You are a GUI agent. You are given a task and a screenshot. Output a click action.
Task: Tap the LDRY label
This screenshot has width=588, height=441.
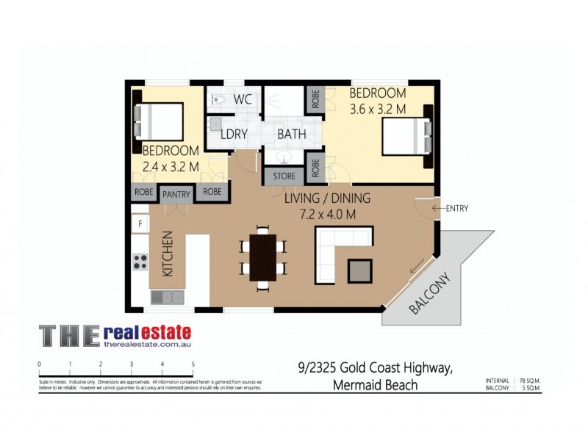click(x=234, y=135)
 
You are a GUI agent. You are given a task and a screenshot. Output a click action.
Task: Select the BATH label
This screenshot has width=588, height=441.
click(x=291, y=135)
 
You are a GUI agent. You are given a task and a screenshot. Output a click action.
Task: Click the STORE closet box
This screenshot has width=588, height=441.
click(x=284, y=176)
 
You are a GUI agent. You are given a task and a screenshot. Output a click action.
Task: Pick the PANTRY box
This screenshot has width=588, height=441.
click(x=176, y=194)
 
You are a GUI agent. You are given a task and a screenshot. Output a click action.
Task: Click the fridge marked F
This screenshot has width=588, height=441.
click(x=139, y=223)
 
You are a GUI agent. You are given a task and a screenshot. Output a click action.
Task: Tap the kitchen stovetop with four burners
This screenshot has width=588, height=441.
click(x=140, y=261)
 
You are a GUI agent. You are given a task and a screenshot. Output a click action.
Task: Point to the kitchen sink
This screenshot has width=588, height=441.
click(x=167, y=297)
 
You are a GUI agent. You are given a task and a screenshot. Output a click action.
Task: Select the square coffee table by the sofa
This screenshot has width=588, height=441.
click(x=360, y=270)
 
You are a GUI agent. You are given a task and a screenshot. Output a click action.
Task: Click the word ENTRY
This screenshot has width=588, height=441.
click(x=456, y=209)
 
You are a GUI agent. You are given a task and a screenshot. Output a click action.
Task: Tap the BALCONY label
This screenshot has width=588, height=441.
click(x=429, y=295)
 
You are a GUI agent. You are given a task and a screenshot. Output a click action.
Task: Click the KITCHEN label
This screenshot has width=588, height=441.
click(x=167, y=254)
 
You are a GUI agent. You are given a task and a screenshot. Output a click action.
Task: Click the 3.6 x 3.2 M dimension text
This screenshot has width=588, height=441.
click(x=378, y=109)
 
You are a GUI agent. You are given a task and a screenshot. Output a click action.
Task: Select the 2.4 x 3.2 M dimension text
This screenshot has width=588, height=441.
click(x=171, y=166)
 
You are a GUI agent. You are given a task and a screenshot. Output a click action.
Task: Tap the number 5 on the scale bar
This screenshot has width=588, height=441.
click(x=193, y=364)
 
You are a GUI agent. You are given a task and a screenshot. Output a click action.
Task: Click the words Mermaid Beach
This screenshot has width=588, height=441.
click(x=375, y=385)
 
